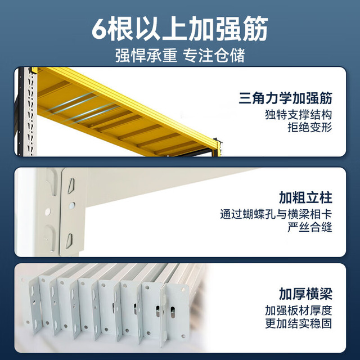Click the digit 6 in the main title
99,29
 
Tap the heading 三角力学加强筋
285,98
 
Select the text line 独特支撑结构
299,115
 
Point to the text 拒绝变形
310,128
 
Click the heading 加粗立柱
305,197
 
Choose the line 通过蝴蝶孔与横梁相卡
276,214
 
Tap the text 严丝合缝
310,227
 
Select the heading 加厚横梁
305,294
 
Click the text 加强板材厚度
299,310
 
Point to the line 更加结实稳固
299,323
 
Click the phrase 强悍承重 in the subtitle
146,56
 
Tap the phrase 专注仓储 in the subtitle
214,56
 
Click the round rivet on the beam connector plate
72,205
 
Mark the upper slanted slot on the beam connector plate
71,186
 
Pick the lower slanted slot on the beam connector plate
69,241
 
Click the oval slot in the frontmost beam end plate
173,312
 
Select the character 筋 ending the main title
255,29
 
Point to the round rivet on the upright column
48,211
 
